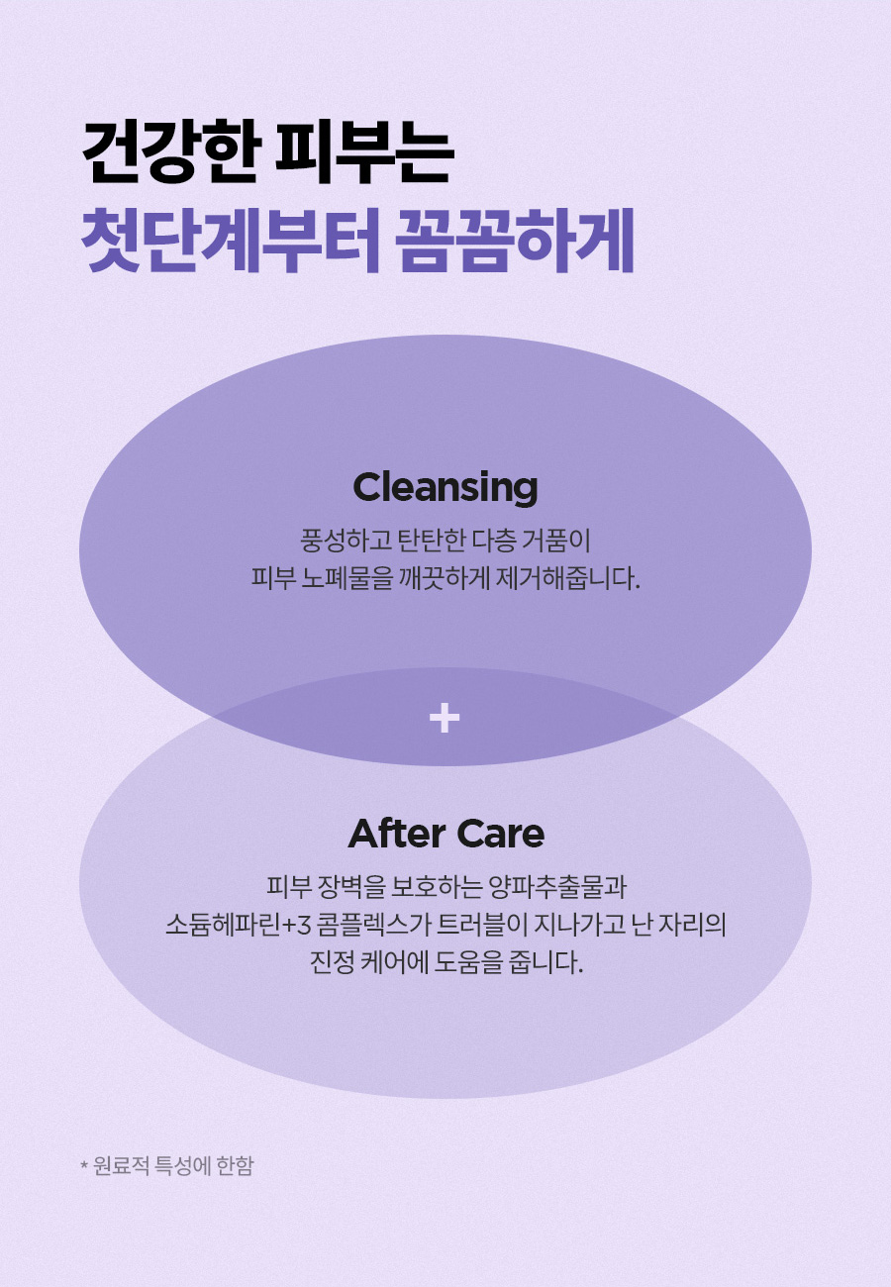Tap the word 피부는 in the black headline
tap(364, 152)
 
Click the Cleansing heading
tap(445, 488)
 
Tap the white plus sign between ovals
tap(445, 718)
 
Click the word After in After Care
tap(397, 834)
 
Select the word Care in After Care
tap(501, 834)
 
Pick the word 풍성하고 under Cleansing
tap(346, 541)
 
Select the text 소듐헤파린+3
tap(239, 926)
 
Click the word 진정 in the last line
tap(332, 962)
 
